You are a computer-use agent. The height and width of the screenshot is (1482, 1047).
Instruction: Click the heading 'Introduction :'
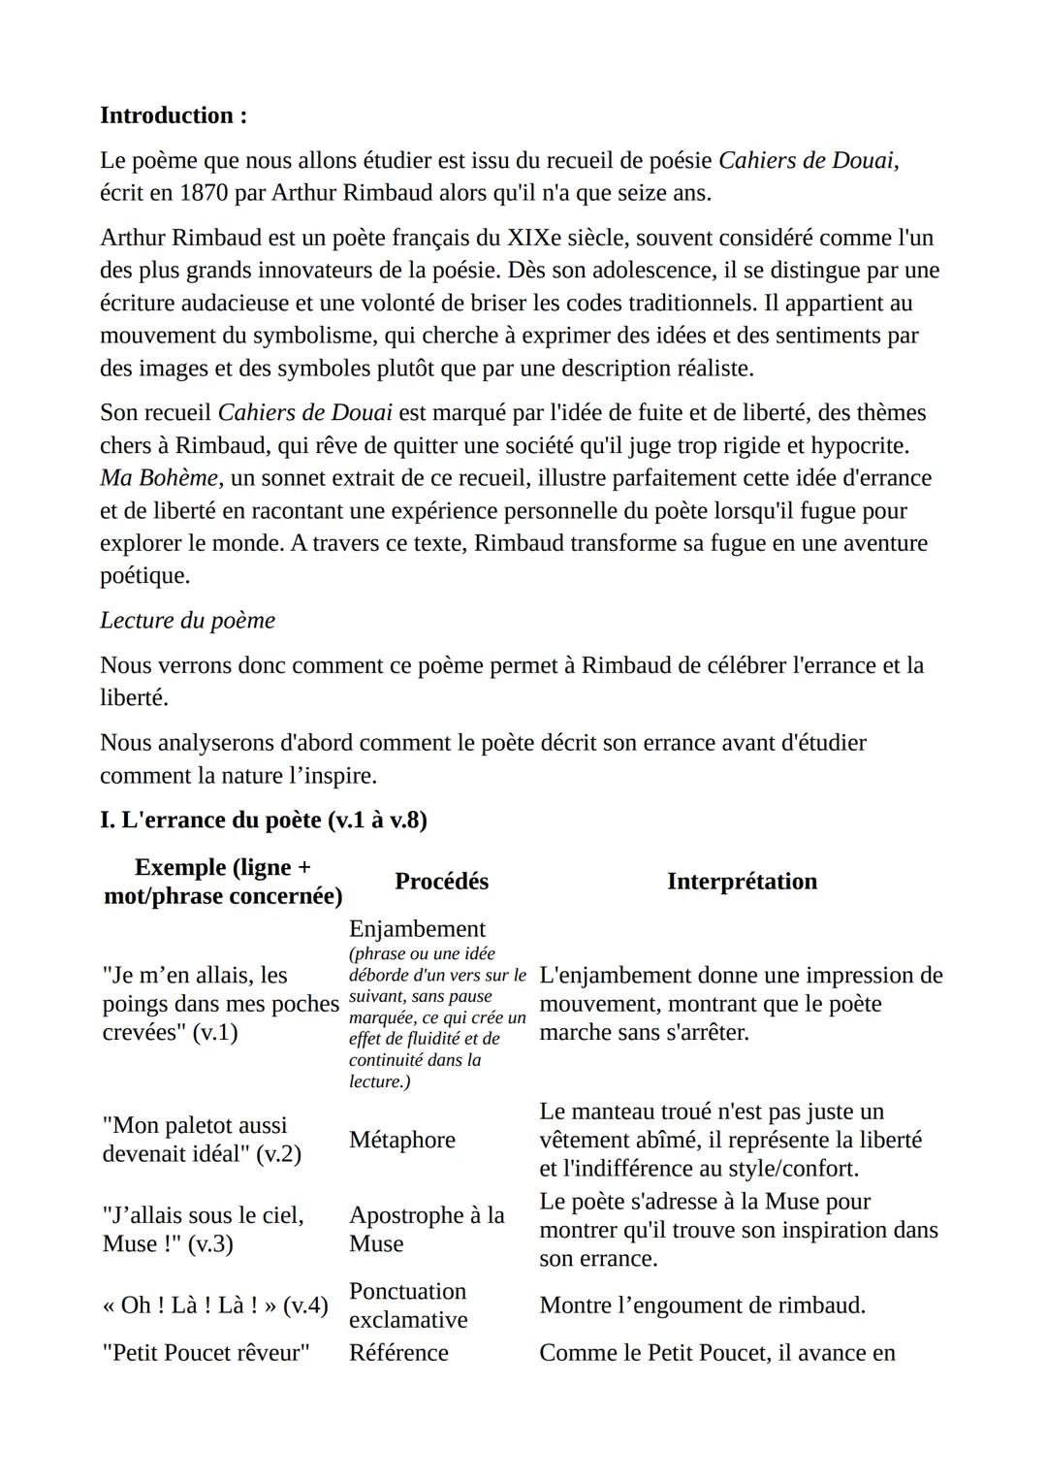tap(174, 115)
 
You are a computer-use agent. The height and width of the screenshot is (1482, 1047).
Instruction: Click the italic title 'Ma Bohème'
tap(159, 478)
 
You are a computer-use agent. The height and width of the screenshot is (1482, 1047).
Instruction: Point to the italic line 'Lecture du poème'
tap(187, 621)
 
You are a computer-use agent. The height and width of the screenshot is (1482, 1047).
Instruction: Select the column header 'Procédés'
tap(441, 881)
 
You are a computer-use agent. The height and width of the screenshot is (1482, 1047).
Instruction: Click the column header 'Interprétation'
tap(742, 881)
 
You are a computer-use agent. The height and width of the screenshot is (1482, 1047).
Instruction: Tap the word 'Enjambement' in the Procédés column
tap(417, 929)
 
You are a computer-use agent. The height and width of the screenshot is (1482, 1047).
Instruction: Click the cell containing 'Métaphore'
tap(402, 1140)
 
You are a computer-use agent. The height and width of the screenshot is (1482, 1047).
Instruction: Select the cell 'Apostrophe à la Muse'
tap(427, 1229)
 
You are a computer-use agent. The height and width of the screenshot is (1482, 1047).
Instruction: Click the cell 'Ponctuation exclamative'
tap(408, 1305)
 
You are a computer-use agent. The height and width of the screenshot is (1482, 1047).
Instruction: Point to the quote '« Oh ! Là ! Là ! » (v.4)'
tap(215, 1305)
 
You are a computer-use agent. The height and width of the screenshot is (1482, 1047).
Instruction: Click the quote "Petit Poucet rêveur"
tap(206, 1353)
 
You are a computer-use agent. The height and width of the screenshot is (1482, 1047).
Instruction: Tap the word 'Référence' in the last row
tap(398, 1353)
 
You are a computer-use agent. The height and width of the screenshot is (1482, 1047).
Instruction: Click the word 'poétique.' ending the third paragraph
tap(144, 576)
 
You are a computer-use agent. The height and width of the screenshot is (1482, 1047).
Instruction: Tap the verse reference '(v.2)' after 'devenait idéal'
tap(278, 1154)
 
